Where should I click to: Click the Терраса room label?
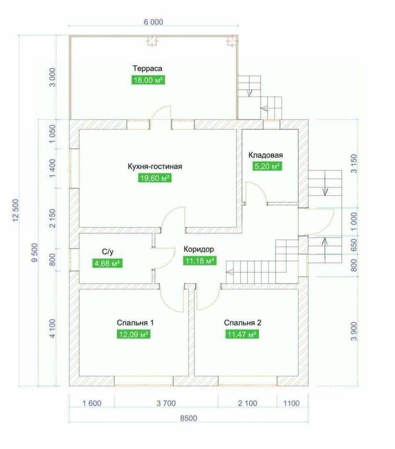coord(148,69)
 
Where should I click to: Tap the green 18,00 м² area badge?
coord(148,80)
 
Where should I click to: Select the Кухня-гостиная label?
coord(154,166)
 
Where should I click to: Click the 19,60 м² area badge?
coord(154,178)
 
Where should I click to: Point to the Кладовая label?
coord(266,155)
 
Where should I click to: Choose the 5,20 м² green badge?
coord(266,166)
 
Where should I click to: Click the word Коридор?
coord(199,249)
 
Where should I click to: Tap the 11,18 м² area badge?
coord(199,261)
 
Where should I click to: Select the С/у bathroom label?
coord(108,252)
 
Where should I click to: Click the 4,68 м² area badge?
coord(108,264)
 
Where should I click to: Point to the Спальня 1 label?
coord(135,323)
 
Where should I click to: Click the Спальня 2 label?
coord(242,323)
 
